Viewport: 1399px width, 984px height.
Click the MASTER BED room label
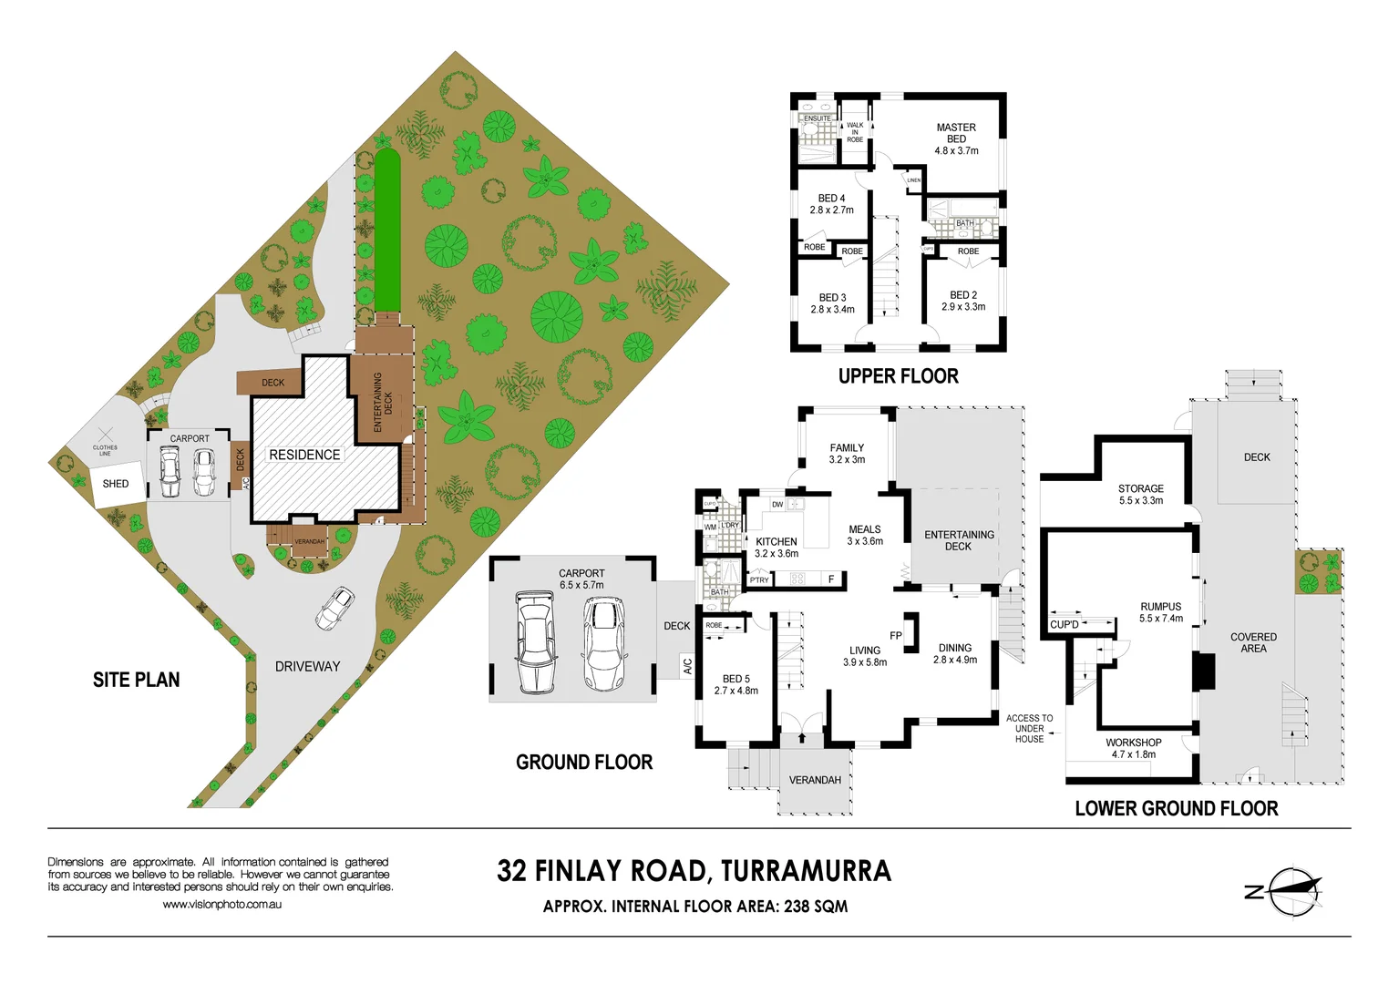coord(956,139)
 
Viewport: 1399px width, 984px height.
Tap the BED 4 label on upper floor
coord(831,204)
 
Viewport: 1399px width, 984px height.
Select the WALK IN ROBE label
coord(855,132)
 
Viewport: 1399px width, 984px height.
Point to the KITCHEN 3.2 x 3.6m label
coord(776,548)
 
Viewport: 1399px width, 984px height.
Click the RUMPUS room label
coord(1160,612)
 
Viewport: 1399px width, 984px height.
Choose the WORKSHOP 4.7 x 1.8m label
coord(1133,748)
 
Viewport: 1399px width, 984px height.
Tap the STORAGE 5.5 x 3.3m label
coord(1140,495)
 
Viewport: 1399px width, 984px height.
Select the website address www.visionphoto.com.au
coord(221,905)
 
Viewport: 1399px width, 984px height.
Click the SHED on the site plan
coord(116,484)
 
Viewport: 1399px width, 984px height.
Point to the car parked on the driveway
coord(334,609)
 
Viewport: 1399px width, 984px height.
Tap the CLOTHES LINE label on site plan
coord(105,449)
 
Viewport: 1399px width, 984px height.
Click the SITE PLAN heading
coord(136,680)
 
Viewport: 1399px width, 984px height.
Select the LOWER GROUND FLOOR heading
coord(1176,808)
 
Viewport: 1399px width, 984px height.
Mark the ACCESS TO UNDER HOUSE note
coord(1029,729)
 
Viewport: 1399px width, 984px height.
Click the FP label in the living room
coord(895,636)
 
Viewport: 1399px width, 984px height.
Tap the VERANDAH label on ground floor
coord(815,780)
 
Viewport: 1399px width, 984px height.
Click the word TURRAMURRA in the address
coord(806,871)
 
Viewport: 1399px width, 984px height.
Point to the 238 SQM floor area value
coord(816,907)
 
